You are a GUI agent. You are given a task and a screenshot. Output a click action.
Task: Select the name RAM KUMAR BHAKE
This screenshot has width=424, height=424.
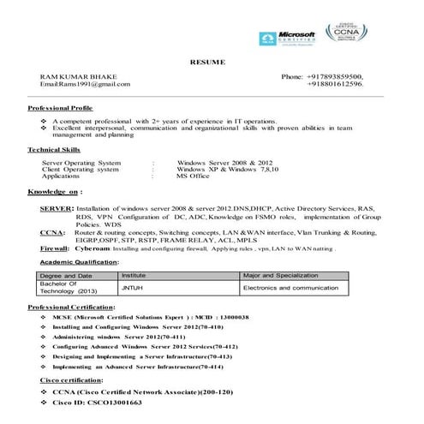coord(76,77)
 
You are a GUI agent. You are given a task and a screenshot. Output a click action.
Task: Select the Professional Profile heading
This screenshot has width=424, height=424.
coord(61,110)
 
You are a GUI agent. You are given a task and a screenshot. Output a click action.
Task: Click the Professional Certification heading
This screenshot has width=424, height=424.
coord(72,307)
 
